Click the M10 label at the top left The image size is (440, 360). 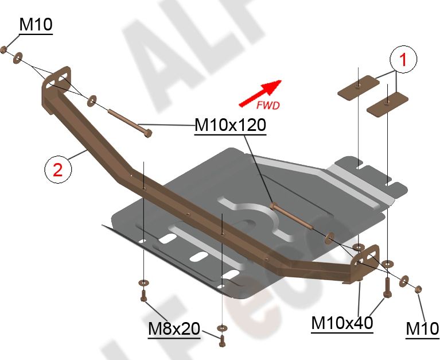pos(36,25)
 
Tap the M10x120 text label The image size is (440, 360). pos(230,125)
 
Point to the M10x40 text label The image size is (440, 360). pos(342,323)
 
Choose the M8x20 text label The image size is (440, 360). pos(174,329)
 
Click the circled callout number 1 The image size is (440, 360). pos(403,60)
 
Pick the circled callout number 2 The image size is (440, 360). pos(58,169)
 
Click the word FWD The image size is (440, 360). pos(267,105)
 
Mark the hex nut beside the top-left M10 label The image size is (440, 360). pos(5,50)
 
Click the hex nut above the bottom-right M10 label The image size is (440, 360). pos(418,287)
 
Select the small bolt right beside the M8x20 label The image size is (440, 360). pos(221,338)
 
